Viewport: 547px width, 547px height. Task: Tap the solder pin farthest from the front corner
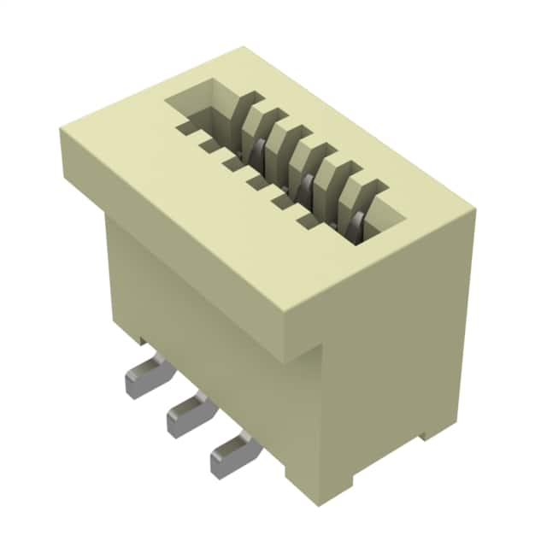[147, 378]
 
